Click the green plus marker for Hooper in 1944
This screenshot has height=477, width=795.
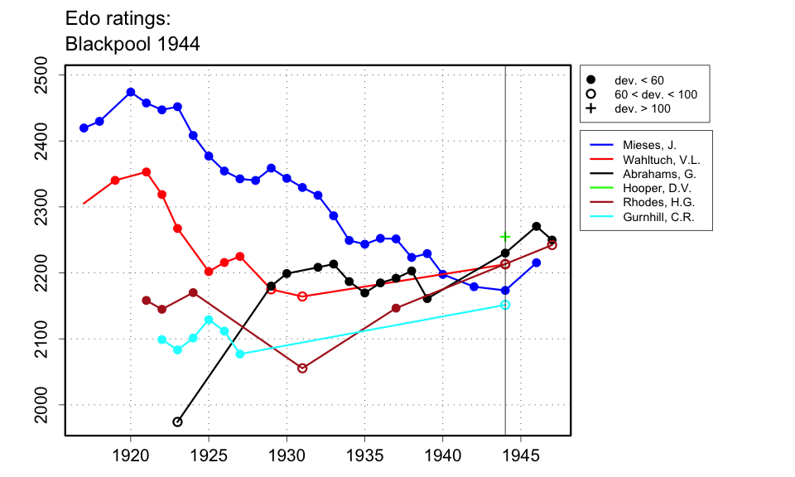505,237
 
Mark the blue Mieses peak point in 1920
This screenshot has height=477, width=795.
131,92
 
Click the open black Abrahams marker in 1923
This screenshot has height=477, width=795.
177,422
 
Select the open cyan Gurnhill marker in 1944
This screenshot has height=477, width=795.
505,305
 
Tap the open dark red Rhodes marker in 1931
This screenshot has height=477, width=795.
302,368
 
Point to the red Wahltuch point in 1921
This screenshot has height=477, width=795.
147,172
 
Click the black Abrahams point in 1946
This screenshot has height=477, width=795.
537,226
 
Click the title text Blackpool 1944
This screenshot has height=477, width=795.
132,44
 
